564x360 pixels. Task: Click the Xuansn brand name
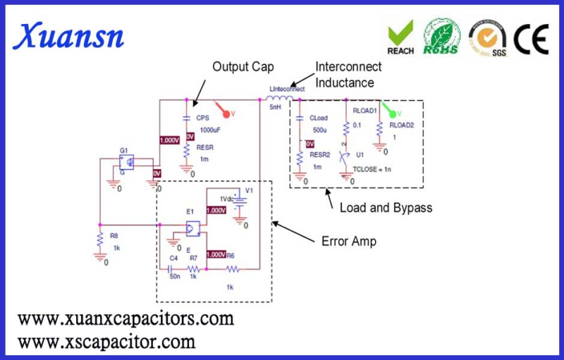coord(70,35)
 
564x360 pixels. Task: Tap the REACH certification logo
coord(401,37)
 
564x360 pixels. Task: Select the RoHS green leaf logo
coord(441,37)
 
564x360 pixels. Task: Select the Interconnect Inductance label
coord(348,75)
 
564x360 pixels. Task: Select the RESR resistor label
coord(205,148)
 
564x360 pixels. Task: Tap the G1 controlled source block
coord(127,161)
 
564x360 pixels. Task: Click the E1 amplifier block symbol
coord(192,228)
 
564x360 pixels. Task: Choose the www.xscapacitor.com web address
coord(106,342)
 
